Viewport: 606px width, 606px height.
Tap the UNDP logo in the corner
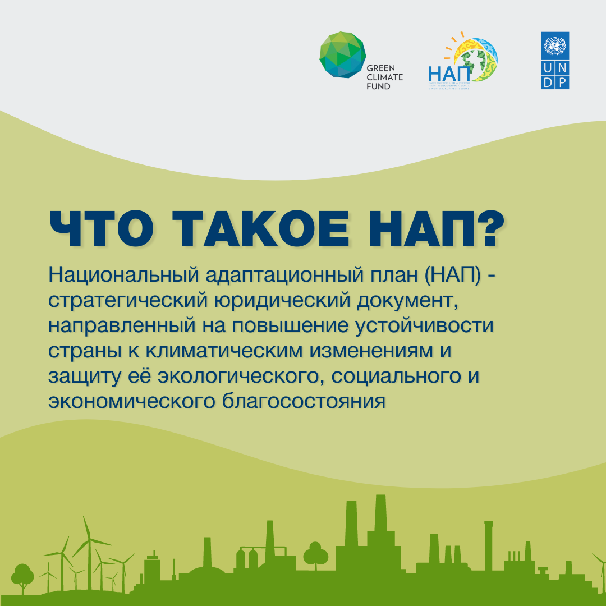tap(555, 60)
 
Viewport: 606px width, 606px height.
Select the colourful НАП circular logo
tap(471, 61)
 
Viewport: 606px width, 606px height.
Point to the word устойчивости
tap(435, 327)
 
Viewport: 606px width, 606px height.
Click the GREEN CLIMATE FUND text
tap(384, 77)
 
